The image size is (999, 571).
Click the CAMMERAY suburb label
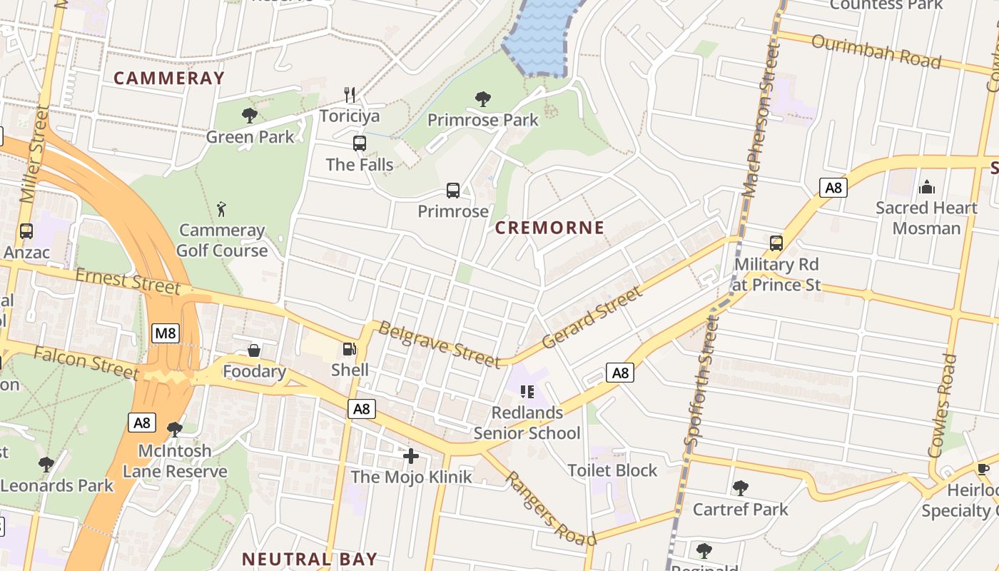(x=169, y=78)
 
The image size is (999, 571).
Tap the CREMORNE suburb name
(x=549, y=228)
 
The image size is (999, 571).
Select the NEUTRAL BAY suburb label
(x=309, y=559)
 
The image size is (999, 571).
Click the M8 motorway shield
(x=165, y=333)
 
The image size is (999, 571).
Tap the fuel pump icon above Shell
(x=350, y=349)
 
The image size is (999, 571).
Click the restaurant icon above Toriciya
(x=350, y=95)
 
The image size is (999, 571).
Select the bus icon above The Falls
(x=360, y=143)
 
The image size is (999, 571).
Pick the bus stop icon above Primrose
(x=453, y=191)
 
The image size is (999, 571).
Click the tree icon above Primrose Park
(x=483, y=98)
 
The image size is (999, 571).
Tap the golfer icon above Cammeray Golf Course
(x=222, y=209)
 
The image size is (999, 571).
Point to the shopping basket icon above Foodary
(x=253, y=350)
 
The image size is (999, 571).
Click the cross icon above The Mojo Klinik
(x=411, y=456)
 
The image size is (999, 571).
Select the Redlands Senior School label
(x=527, y=423)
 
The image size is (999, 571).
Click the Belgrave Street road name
(x=438, y=345)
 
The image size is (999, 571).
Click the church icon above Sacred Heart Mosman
(x=927, y=187)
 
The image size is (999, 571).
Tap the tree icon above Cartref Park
(x=741, y=488)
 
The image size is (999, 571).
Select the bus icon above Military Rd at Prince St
(x=776, y=243)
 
